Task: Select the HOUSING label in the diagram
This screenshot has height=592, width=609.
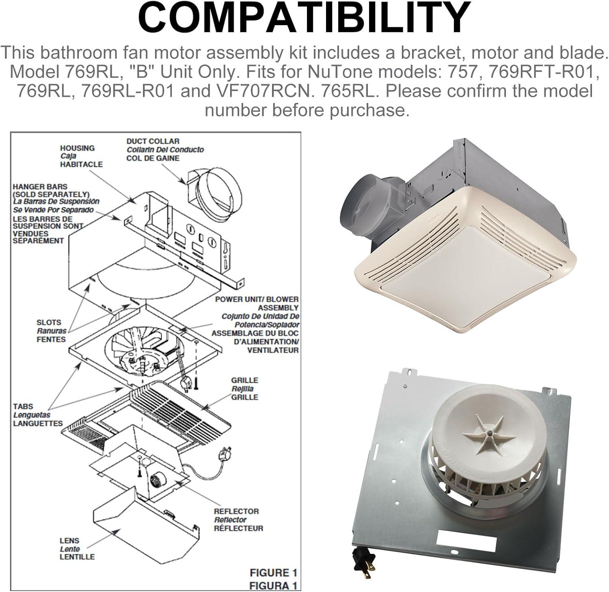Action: [x=78, y=148]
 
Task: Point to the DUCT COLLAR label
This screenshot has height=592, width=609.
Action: [x=153, y=141]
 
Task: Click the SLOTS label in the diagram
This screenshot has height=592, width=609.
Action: [x=49, y=322]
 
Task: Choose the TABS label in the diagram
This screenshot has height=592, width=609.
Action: [x=23, y=406]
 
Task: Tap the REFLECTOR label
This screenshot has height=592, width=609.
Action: [x=236, y=511]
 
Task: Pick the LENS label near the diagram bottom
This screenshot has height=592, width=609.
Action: [x=69, y=541]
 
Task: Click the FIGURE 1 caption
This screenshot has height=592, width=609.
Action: [x=273, y=573]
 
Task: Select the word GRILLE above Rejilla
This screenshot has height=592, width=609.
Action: [x=244, y=380]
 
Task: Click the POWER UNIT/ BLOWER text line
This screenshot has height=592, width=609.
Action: [x=257, y=299]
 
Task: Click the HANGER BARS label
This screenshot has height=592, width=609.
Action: [x=35, y=187]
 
